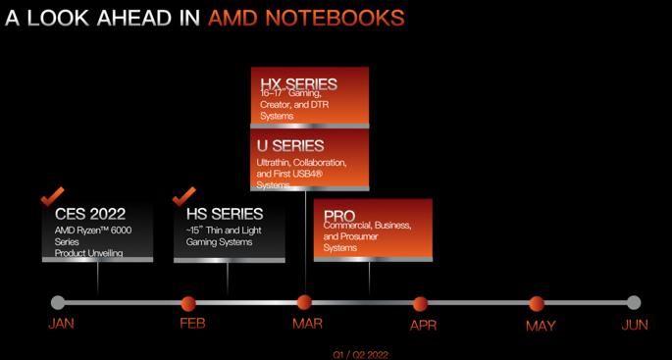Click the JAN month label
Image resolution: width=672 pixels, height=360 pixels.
click(60, 325)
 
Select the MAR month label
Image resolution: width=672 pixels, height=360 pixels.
click(305, 325)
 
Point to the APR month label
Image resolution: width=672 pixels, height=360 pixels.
click(422, 325)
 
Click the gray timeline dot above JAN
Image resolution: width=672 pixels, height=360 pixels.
click(58, 302)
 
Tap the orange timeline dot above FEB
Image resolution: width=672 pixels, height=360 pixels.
click(188, 303)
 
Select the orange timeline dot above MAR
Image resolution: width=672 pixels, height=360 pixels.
click(304, 303)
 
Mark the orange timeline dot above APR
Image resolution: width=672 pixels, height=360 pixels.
click(420, 303)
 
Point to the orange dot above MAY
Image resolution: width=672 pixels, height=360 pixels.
click(536, 303)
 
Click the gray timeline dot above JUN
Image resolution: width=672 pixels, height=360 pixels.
click(634, 302)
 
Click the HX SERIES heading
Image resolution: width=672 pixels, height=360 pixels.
click(298, 84)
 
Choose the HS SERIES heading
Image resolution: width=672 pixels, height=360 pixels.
click(224, 213)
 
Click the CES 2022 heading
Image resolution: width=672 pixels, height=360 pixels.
click(89, 213)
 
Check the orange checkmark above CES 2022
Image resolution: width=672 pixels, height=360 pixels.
click(53, 195)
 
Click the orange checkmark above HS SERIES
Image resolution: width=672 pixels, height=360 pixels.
click(183, 195)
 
